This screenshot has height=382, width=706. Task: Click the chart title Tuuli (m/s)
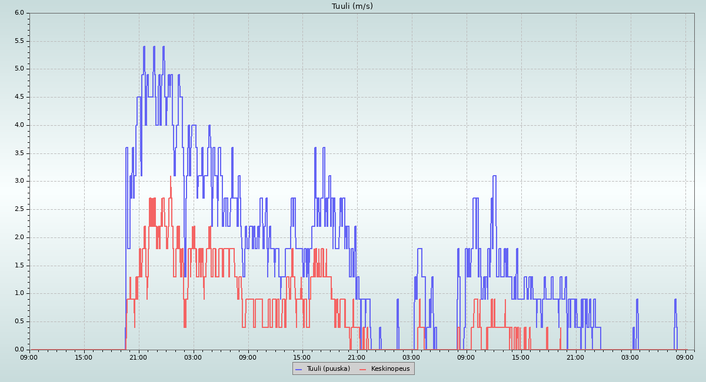pos(352,6)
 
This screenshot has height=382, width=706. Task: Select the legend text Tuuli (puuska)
pos(328,368)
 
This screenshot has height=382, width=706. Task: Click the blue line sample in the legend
pos(298,369)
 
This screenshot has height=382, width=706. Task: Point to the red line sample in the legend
pos(362,369)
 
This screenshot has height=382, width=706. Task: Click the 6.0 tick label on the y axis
pos(19,12)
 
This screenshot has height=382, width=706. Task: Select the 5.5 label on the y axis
pos(19,41)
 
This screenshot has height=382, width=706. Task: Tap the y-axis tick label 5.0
pos(19,69)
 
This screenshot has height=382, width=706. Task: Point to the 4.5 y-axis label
pos(19,97)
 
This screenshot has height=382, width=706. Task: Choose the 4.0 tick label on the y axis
pos(19,125)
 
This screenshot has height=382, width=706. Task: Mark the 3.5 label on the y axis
pos(19,153)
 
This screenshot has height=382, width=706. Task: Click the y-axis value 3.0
pos(19,181)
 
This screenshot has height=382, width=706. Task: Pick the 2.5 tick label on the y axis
pos(19,209)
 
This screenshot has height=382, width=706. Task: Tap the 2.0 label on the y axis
pos(19,237)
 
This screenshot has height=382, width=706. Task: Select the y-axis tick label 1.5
pos(19,265)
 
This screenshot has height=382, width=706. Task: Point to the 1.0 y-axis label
pos(19,293)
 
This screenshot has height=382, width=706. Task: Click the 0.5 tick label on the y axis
pos(19,321)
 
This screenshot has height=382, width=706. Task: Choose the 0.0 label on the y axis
pos(19,349)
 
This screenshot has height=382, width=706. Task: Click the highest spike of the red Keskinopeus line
pos(171,176)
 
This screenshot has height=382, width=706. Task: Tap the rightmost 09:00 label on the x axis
pos(685,357)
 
